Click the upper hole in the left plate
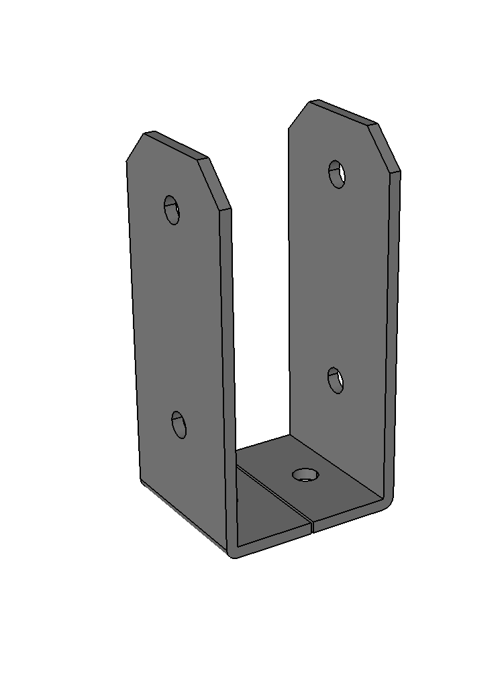pos(172,210)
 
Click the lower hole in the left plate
pos(179,425)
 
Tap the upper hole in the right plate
pos(337,174)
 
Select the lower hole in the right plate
pos(336,380)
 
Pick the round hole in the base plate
pos(305,475)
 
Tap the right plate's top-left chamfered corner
pos(299,113)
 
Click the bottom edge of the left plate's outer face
pos(181,516)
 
